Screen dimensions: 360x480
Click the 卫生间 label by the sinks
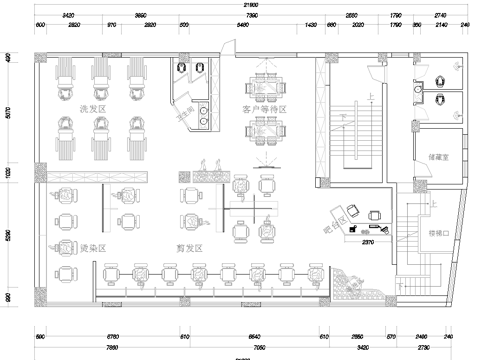[x=186, y=114]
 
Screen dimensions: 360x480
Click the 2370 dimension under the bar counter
[x=367, y=241]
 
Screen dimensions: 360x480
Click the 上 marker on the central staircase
[x=371, y=97]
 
